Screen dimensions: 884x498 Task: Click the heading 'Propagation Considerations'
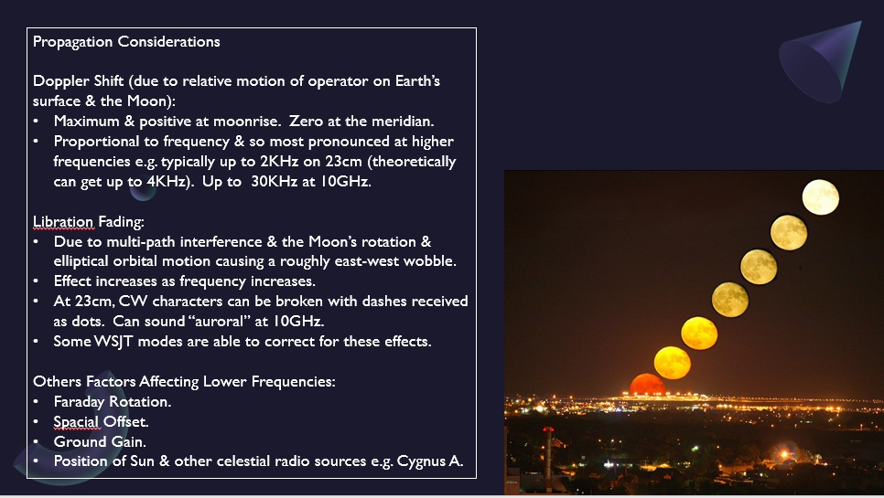[x=126, y=42]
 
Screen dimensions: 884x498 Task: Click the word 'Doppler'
[x=61, y=81]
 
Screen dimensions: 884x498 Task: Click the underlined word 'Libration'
[x=63, y=222]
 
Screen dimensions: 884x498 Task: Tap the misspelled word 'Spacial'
[x=76, y=422]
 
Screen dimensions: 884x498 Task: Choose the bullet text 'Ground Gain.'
[x=100, y=442]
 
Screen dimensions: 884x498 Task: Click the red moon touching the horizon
[x=648, y=385]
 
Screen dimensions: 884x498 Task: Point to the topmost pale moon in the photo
[x=820, y=197]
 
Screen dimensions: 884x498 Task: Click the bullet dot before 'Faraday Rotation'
[x=36, y=402]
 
